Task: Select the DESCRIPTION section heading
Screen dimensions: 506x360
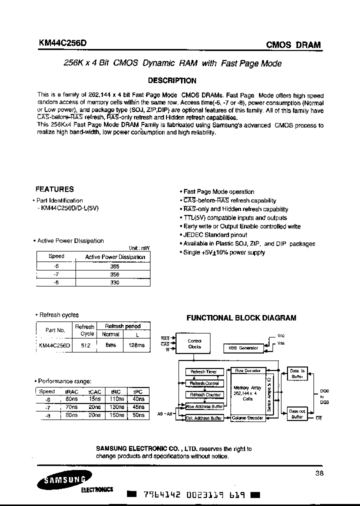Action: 172,80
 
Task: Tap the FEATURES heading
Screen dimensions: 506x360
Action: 54,189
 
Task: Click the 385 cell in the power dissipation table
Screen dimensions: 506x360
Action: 114,266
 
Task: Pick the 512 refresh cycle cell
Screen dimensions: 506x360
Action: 85,345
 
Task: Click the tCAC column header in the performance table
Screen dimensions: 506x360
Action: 94,391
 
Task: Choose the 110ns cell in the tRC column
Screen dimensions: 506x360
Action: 117,399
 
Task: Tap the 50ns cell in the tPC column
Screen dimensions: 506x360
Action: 139,415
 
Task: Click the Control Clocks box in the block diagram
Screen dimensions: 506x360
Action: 194,343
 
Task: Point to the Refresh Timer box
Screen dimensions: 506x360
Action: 204,372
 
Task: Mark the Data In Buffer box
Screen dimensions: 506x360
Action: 297,373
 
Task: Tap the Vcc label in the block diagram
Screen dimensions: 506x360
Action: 281,336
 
